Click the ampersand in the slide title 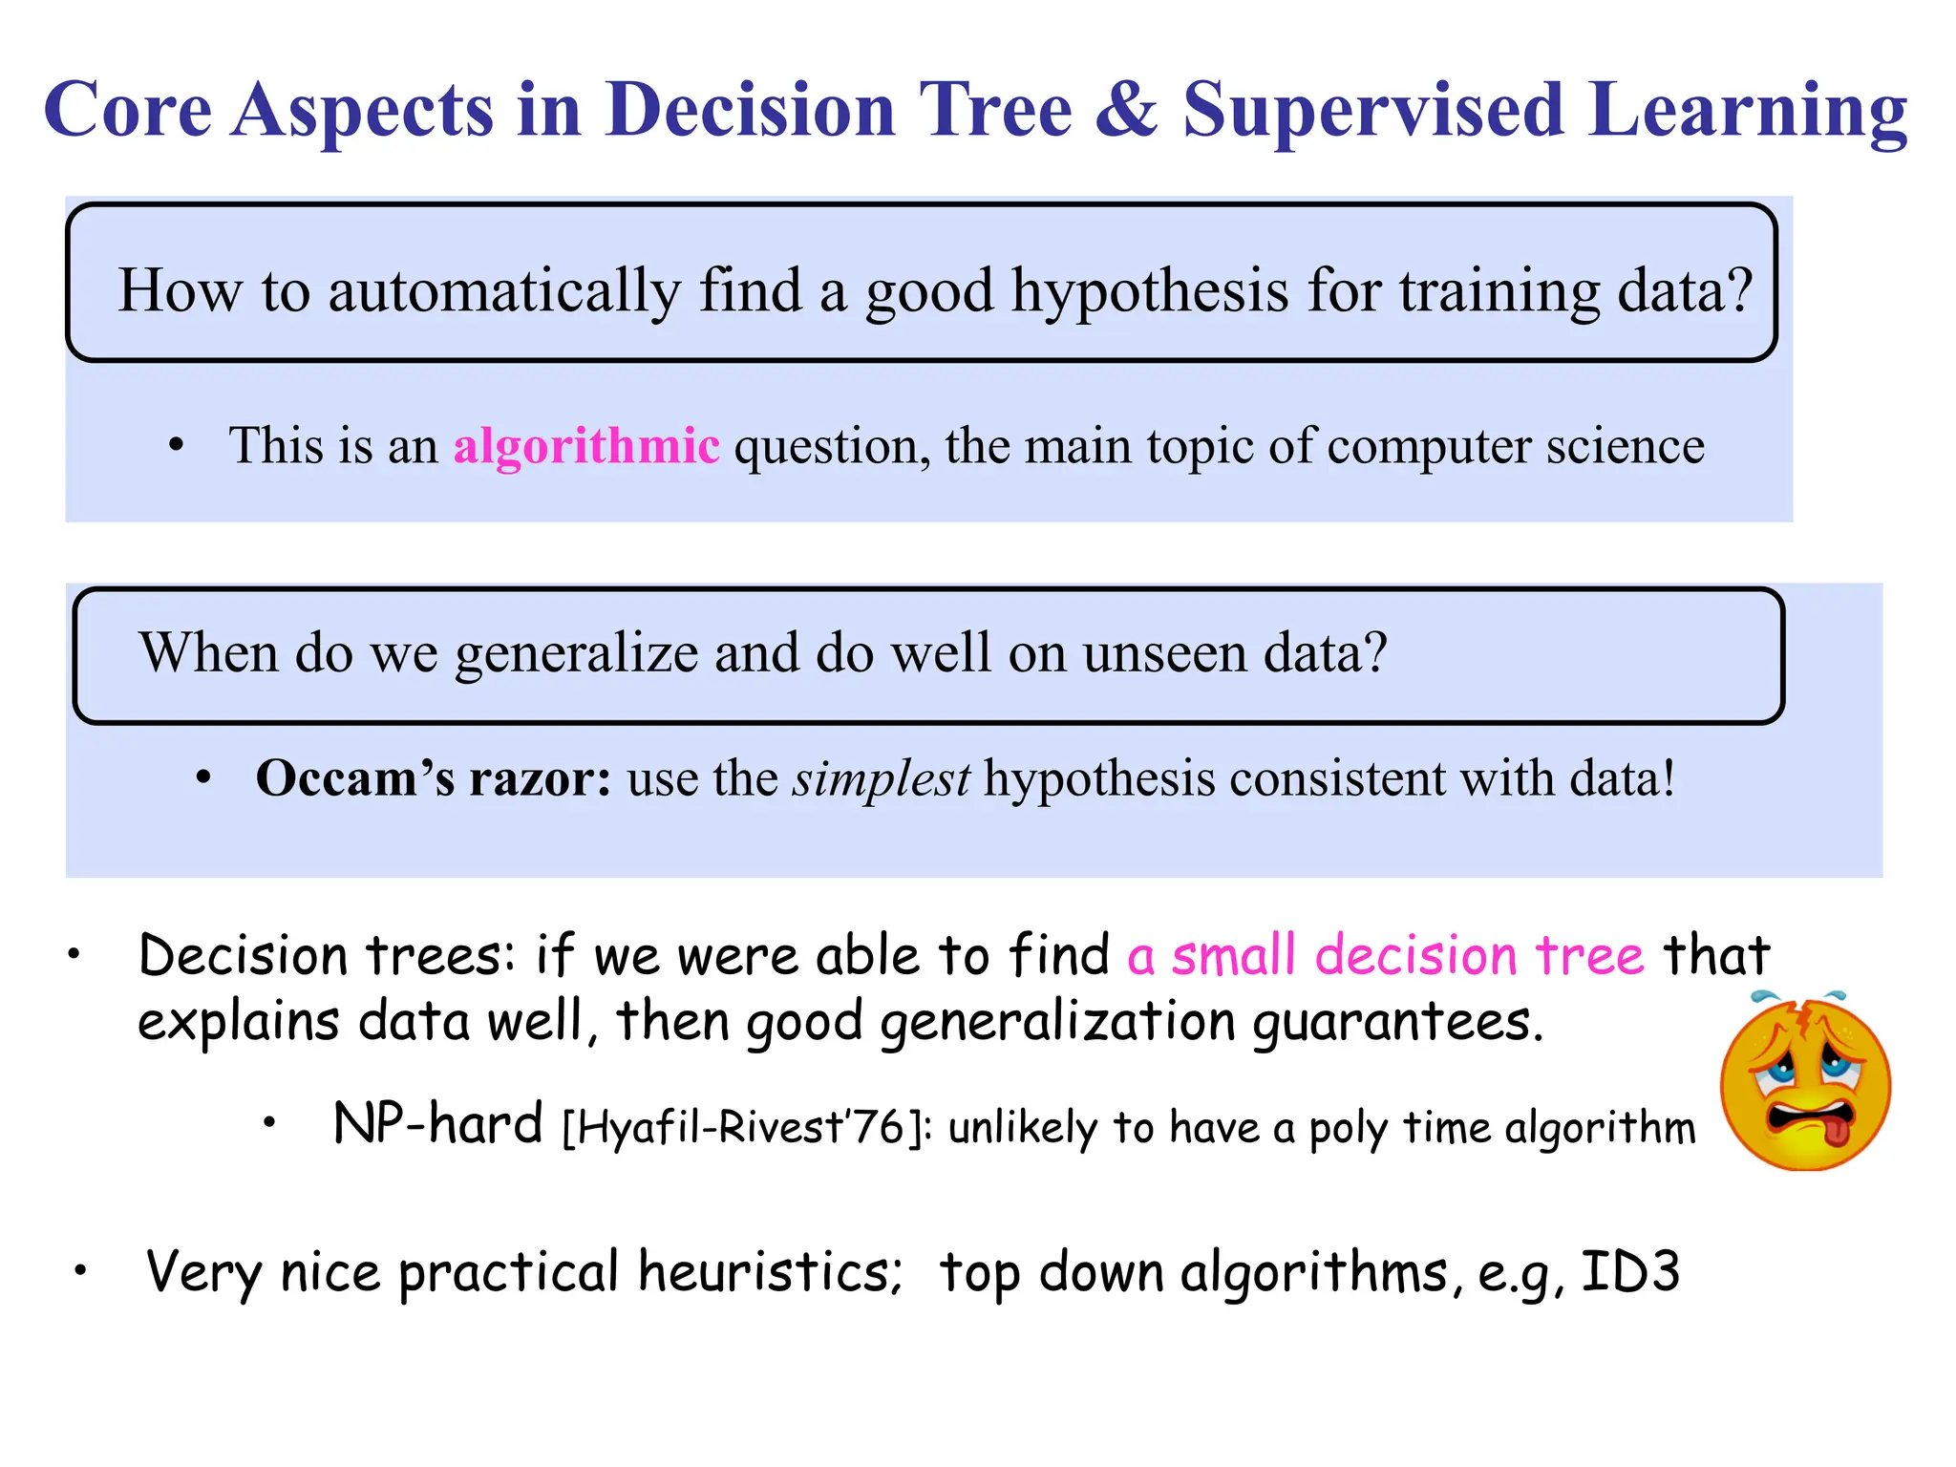(x=1127, y=111)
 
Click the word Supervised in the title (x=1373, y=111)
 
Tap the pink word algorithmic (x=586, y=446)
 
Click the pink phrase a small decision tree (x=1386, y=955)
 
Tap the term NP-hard (x=437, y=1123)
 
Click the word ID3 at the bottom (x=1630, y=1271)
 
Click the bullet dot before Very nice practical (x=82, y=1271)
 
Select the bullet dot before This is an (x=176, y=445)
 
